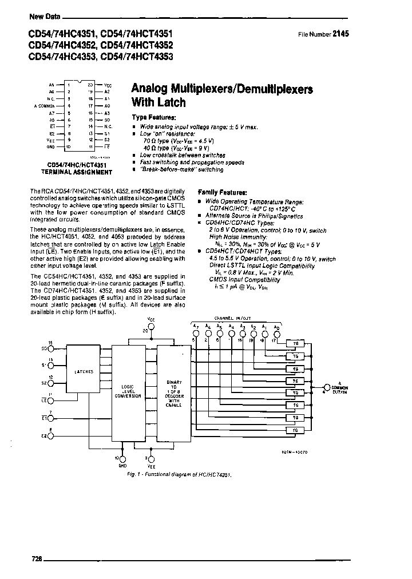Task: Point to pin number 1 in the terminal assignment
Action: click(x=69, y=85)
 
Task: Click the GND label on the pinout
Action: click(x=50, y=146)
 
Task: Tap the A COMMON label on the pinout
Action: click(x=44, y=106)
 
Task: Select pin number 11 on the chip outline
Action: click(x=90, y=146)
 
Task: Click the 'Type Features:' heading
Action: click(x=152, y=116)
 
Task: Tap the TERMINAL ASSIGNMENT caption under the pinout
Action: click(x=76, y=171)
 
